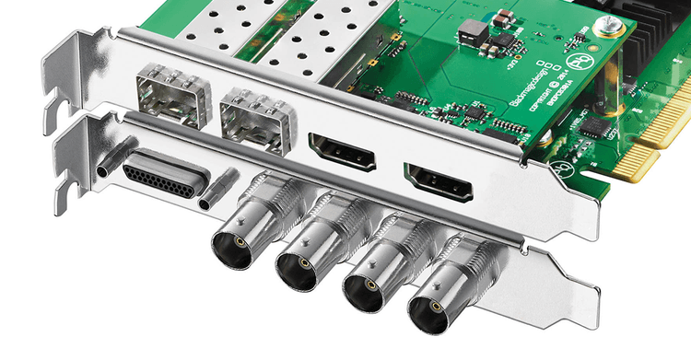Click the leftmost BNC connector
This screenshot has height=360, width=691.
233,246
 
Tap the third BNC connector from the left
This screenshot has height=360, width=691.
365,287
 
